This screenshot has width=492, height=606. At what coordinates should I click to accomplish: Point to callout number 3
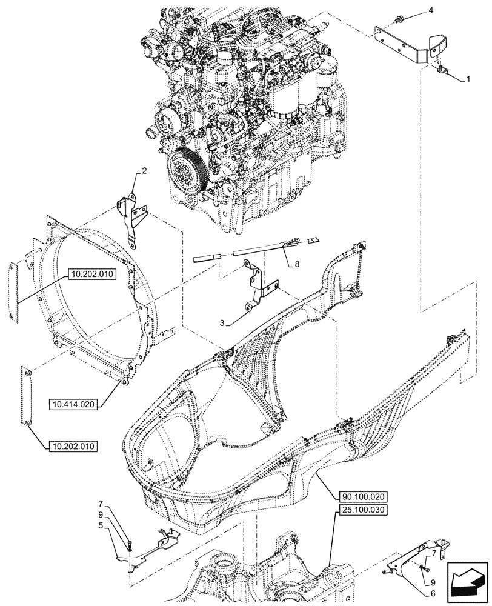click(x=224, y=324)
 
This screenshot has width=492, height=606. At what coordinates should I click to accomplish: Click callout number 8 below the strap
click(x=298, y=264)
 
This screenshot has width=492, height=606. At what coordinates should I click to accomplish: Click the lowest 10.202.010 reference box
click(x=70, y=447)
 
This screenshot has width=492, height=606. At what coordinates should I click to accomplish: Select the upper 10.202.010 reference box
click(x=91, y=274)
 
